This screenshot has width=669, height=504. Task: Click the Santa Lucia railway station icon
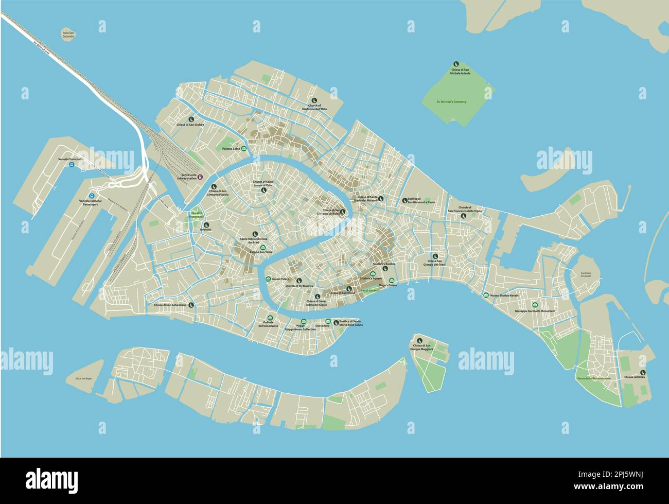pyautogui.click(x=201, y=177)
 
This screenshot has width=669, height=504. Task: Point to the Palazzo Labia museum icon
pyautogui.click(x=243, y=149)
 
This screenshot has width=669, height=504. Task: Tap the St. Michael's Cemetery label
pyautogui.click(x=451, y=102)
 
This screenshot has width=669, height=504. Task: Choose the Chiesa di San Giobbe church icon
pyautogui.click(x=191, y=117)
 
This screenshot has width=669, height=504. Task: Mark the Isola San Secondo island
pyautogui.click(x=68, y=40)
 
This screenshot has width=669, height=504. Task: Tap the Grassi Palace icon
pyautogui.click(x=268, y=279)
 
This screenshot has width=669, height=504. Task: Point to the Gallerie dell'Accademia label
pyautogui.click(x=268, y=324)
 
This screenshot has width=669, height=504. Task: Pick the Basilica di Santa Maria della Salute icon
pyautogui.click(x=336, y=322)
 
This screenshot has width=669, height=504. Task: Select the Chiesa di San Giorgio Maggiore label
pyautogui.click(x=421, y=347)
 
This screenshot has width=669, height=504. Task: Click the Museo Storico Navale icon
pyautogui.click(x=486, y=296)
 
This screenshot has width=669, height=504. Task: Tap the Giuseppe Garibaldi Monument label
pyautogui.click(x=535, y=311)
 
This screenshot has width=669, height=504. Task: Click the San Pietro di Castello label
pyautogui.click(x=586, y=275)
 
